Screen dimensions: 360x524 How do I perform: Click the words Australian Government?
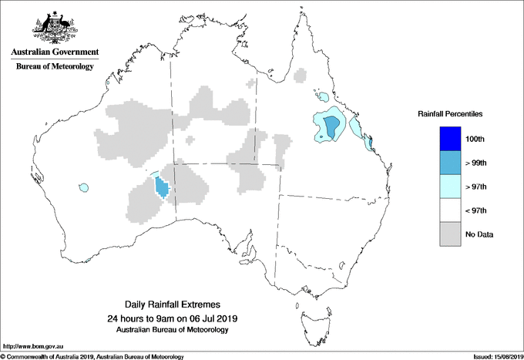[x=54, y=52]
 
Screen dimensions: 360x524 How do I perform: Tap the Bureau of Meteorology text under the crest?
[x=54, y=66]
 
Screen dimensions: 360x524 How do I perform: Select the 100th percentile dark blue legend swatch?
[x=445, y=139]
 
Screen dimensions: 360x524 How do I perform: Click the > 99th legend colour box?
[x=445, y=163]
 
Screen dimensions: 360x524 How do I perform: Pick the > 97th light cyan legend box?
[x=445, y=187]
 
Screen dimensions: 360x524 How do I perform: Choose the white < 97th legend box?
[x=445, y=210]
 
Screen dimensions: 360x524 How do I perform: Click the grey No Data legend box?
[x=445, y=234]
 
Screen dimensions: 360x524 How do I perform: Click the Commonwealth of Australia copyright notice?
[x=92, y=355]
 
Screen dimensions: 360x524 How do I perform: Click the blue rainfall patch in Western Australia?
[x=162, y=187]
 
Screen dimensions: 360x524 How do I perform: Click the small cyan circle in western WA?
[x=83, y=187]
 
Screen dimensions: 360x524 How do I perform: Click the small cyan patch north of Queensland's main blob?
[x=322, y=98]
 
